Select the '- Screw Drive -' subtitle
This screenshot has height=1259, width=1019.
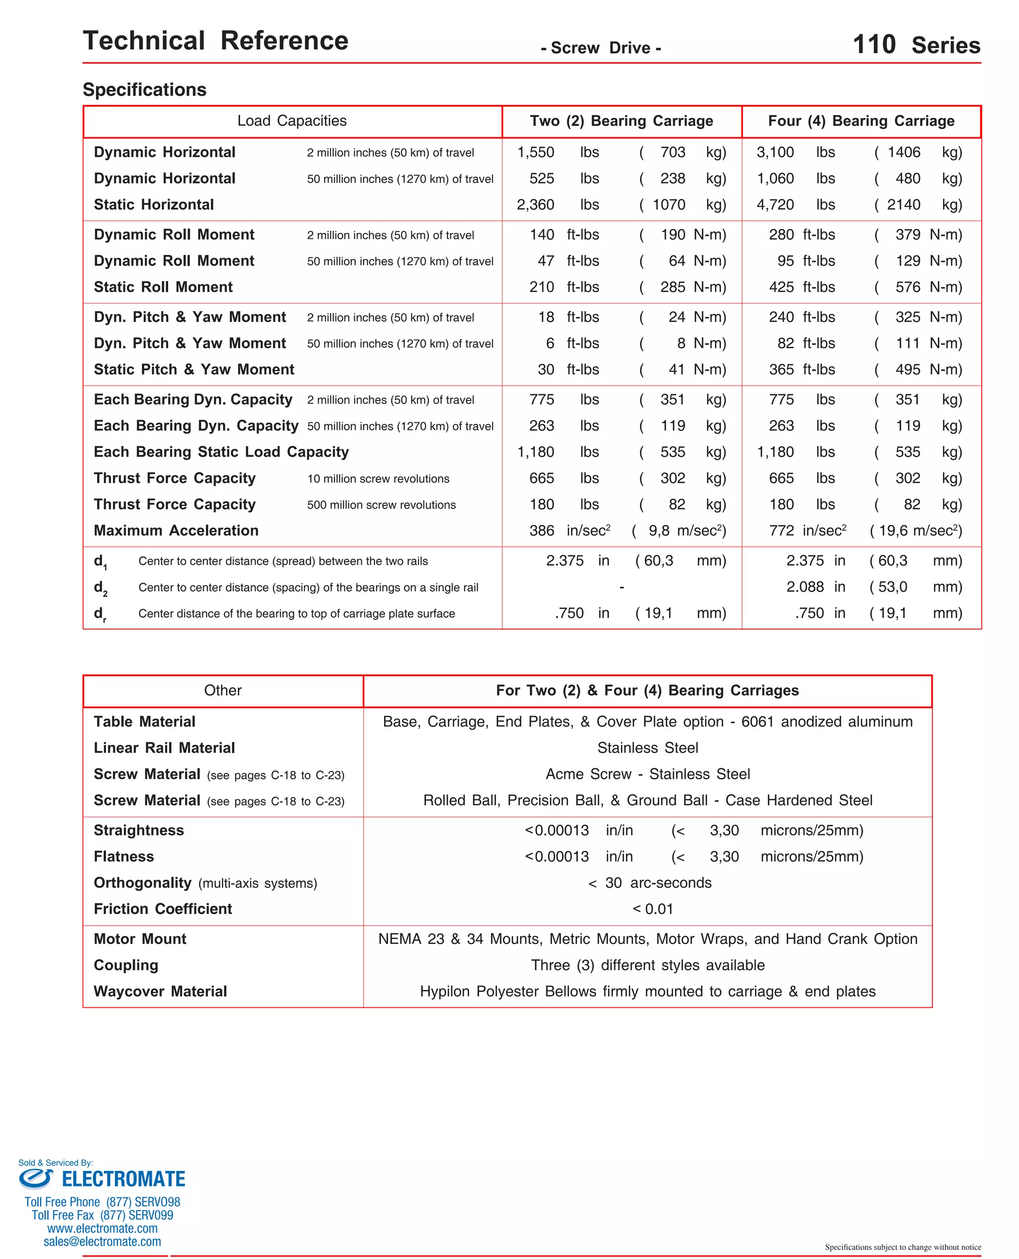601,48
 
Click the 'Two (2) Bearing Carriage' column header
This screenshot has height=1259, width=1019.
621,121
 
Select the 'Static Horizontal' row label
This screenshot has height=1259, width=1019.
154,205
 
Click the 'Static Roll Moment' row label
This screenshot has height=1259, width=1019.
163,287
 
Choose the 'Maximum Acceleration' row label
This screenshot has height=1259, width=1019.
176,530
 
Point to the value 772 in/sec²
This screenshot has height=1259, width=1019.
807,530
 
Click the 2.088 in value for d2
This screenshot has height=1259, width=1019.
815,587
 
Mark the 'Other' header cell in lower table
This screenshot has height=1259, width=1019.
222,690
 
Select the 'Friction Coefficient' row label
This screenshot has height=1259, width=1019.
163,909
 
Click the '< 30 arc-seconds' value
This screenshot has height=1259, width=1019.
650,883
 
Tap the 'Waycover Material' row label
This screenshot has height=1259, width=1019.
160,991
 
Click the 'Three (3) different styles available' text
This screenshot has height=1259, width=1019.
647,965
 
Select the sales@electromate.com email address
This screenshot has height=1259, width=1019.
102,1242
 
